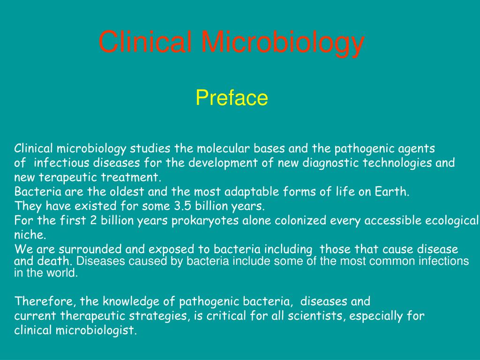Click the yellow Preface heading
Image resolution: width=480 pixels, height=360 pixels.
[x=232, y=98]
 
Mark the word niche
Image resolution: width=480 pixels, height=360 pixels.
[x=26, y=235]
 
